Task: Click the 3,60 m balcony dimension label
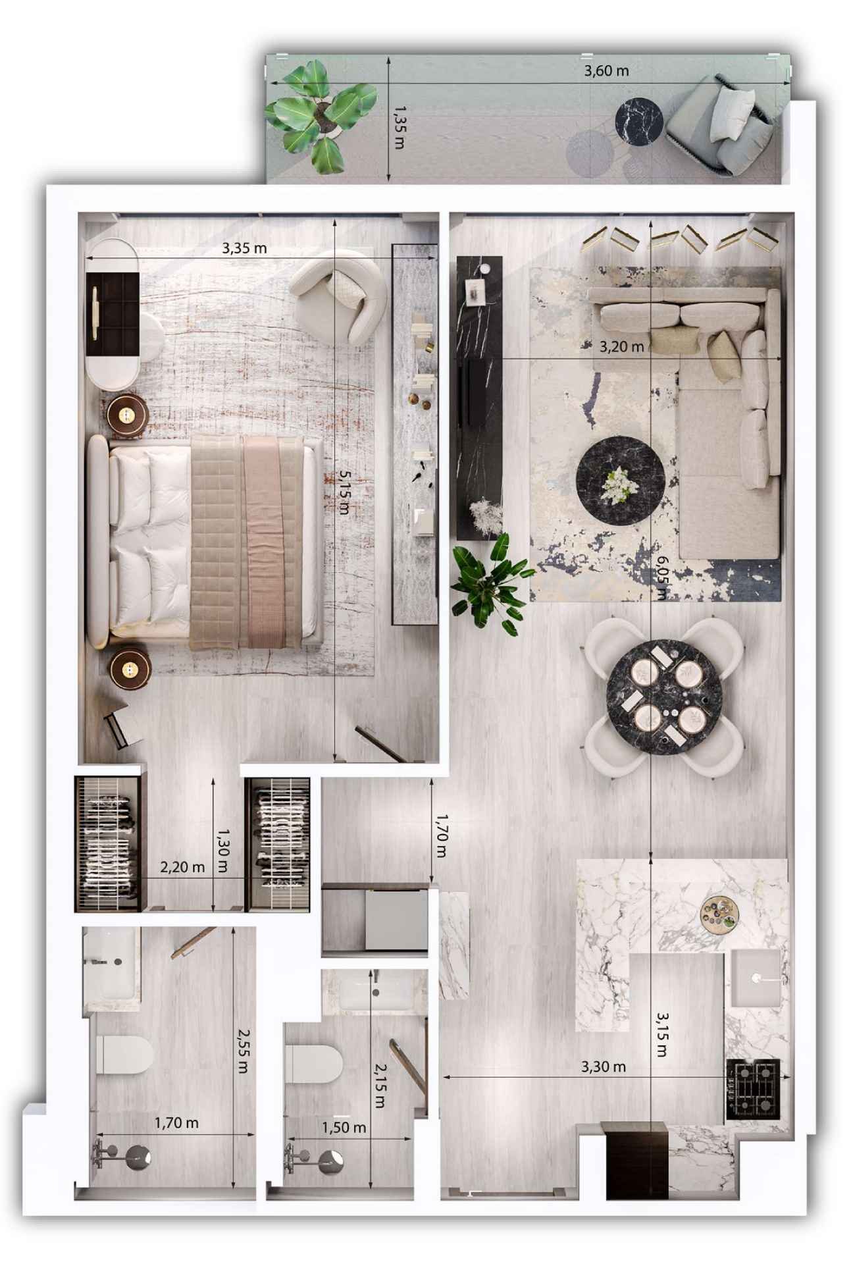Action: coord(606,70)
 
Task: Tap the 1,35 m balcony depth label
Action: coord(398,128)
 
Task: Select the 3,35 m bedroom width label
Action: coord(244,248)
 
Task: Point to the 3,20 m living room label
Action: coord(621,347)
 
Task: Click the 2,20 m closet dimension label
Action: coord(182,867)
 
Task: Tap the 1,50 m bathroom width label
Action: coord(344,1128)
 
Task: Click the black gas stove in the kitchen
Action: coord(753,1089)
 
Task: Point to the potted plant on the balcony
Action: coord(320,115)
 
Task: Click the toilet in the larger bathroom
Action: coord(124,1054)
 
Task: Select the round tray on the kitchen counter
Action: coord(719,914)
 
